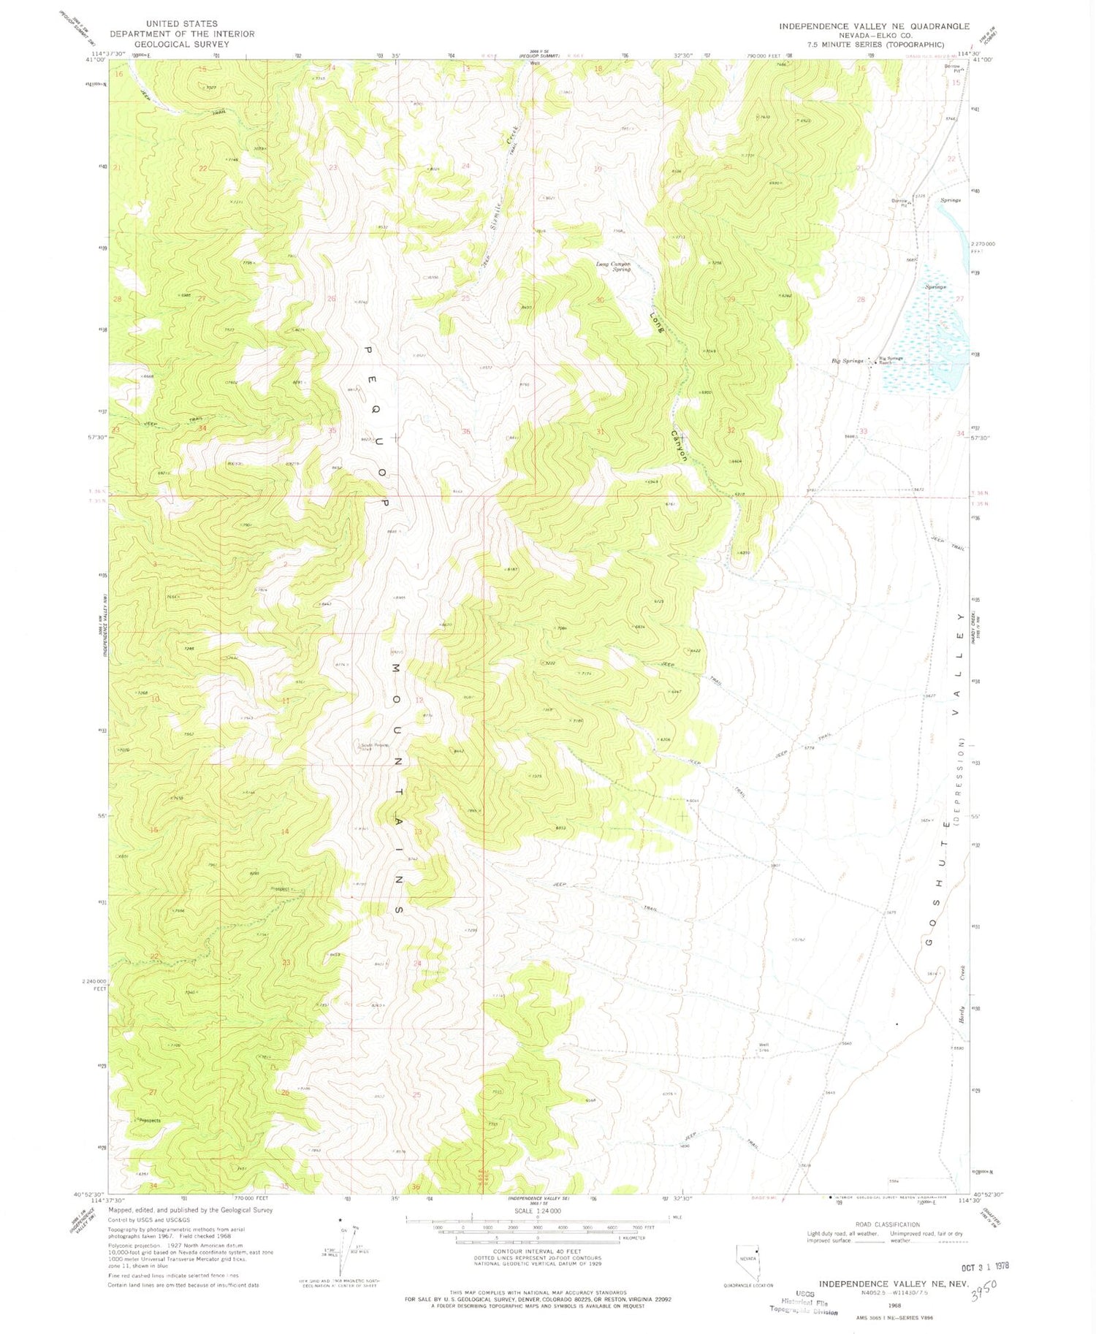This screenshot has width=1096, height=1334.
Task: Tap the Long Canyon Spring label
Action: pyautogui.click(x=613, y=266)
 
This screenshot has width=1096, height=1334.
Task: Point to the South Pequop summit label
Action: pyautogui.click(x=373, y=747)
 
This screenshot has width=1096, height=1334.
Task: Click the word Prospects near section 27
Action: pyautogui.click(x=146, y=1120)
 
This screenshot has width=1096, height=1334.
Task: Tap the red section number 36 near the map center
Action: pyautogui.click(x=466, y=431)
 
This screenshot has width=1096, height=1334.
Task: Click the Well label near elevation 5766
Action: pyautogui.click(x=764, y=1045)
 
